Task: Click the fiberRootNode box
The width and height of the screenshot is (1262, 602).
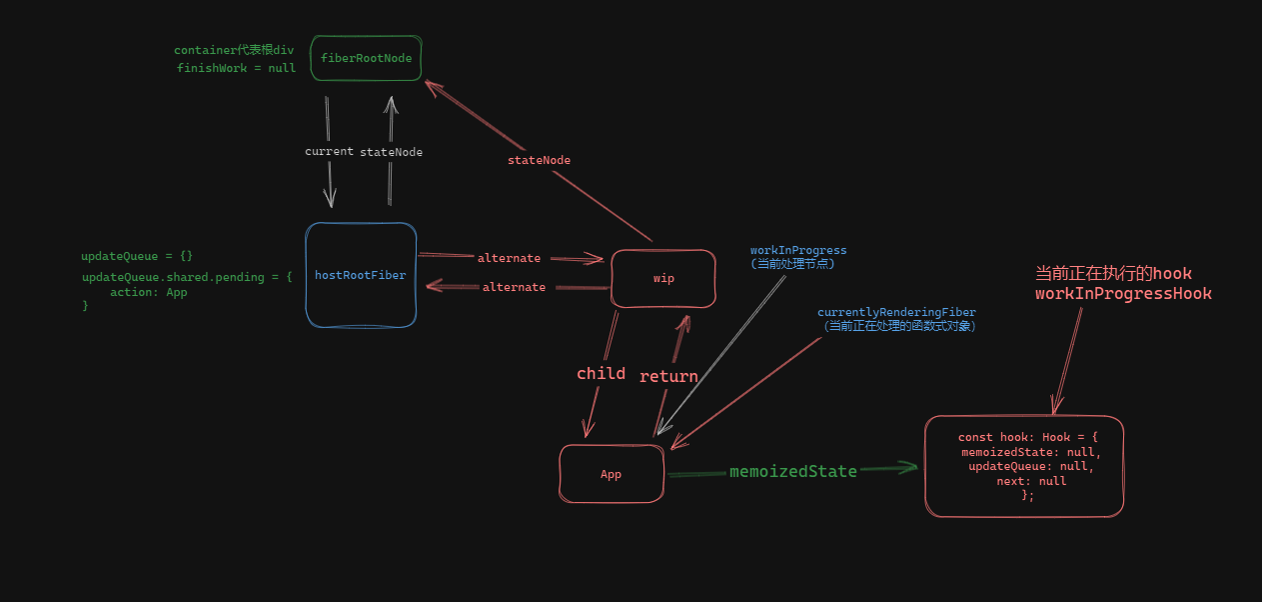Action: [366, 58]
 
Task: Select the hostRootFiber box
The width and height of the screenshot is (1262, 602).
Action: [360, 275]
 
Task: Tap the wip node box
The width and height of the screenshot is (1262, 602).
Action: [663, 278]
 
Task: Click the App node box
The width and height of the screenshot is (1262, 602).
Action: [611, 474]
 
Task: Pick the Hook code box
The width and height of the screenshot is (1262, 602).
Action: [1024, 466]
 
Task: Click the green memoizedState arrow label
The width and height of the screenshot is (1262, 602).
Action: [792, 471]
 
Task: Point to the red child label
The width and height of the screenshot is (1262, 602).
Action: [601, 373]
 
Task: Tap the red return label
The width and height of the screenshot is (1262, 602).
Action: [668, 376]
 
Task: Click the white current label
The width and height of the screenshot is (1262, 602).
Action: [329, 151]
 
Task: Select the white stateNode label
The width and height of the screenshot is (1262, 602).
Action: [391, 152]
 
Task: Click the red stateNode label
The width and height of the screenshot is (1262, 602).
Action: [539, 160]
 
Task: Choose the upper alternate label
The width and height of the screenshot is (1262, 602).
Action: [509, 258]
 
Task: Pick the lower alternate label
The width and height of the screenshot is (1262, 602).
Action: [514, 287]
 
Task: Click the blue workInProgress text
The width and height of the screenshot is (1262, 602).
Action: [798, 250]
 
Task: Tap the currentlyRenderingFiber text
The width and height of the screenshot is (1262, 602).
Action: [896, 313]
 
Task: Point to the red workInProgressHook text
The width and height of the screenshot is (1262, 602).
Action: [1123, 294]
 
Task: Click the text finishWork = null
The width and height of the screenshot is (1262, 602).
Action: [236, 68]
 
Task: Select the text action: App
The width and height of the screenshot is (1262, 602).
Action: [148, 292]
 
